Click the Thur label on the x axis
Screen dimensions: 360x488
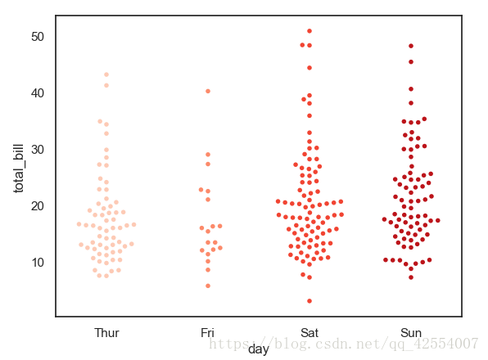coord(106,333)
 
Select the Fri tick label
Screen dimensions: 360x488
coord(208,333)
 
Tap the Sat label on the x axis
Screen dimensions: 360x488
coord(310,333)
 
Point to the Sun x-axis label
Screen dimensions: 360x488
coord(411,333)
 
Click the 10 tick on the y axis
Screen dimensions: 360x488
coord(38,262)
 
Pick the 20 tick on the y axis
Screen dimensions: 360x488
coord(38,205)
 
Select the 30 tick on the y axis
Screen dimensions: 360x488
coord(38,149)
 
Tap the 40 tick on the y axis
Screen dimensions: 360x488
coord(38,92)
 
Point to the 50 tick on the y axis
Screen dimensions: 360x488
coord(38,37)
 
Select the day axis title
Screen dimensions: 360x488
coord(259,349)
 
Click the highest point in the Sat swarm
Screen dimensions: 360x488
coord(310,31)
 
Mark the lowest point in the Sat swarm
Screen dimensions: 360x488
coord(310,301)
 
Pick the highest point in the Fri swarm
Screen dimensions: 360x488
coord(208,91)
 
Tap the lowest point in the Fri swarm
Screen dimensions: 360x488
coord(208,286)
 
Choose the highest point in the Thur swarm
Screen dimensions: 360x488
coord(106,74)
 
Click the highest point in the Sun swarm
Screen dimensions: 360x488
coord(411,46)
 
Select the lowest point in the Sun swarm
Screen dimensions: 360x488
coord(411,277)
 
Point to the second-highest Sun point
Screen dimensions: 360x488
coord(411,61)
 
